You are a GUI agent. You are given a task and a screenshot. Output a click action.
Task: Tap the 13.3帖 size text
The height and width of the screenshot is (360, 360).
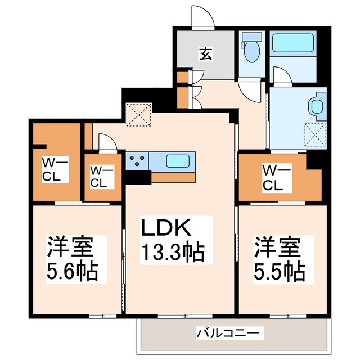[x=172, y=251]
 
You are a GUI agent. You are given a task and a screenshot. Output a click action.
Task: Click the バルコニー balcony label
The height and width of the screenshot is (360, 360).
[x=228, y=333]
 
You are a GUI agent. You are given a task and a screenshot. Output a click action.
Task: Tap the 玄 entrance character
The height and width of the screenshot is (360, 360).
[x=205, y=55]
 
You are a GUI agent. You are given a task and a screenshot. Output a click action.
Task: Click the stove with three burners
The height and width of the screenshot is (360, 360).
[x=137, y=161]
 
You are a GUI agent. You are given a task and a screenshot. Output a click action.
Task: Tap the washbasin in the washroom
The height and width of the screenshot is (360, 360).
[x=317, y=105]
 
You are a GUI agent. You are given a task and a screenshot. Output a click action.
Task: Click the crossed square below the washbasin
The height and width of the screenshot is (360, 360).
[x=315, y=134]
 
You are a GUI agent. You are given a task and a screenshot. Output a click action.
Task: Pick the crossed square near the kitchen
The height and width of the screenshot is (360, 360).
[x=139, y=115]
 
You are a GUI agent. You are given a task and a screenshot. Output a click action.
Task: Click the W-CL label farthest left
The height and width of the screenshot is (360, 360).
[x=55, y=169]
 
